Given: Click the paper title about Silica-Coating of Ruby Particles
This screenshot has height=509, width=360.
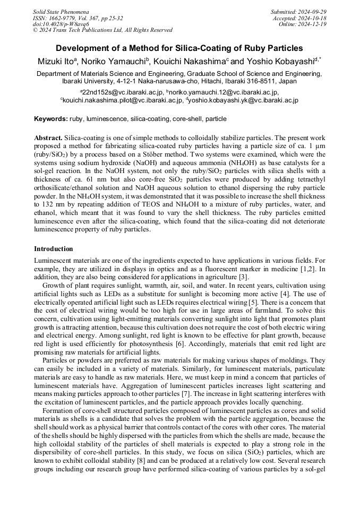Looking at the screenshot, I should [x=179, y=48].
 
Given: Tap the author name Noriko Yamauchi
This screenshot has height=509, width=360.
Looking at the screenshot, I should [x=114, y=62].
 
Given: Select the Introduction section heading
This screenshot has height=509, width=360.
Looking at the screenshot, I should [x=54, y=249].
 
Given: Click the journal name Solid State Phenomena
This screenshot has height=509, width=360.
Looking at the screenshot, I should [x=61, y=12].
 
